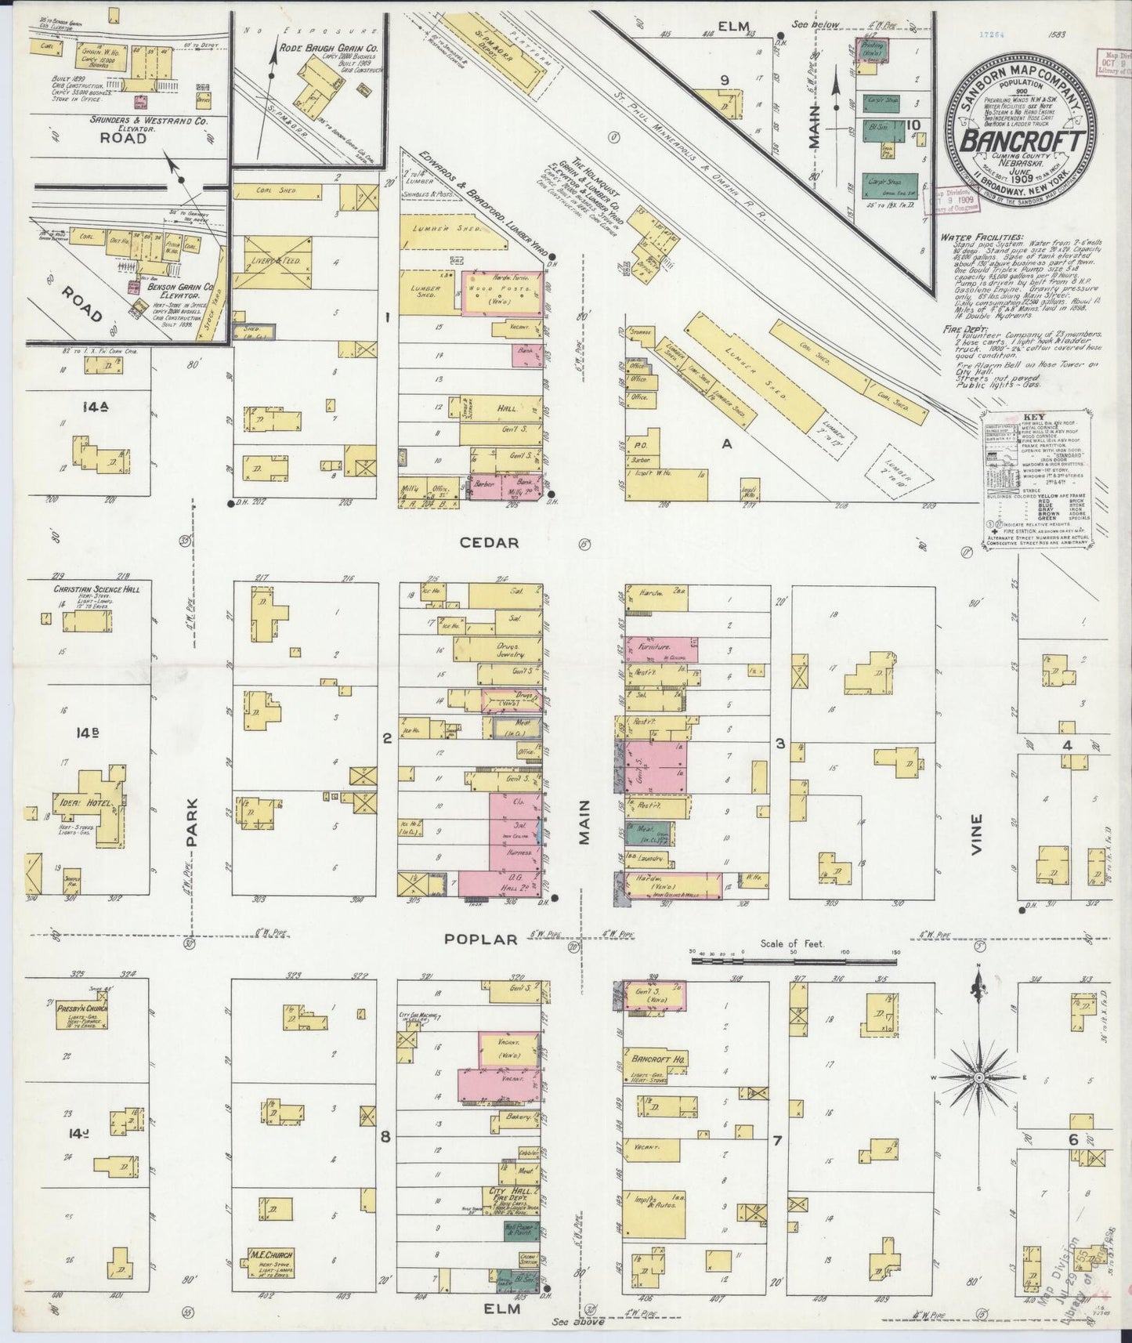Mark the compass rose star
click(x=978, y=1078)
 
